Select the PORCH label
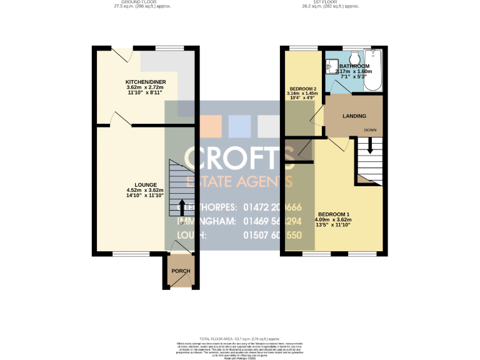pyautogui.click(x=181, y=271)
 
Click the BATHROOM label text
pyautogui.click(x=354, y=66)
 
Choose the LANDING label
pyautogui.click(x=354, y=116)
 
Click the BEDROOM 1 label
pyautogui.click(x=334, y=214)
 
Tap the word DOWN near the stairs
pyautogui.click(x=371, y=130)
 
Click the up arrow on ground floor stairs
pyautogui.click(x=182, y=207)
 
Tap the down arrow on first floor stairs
pyautogui.click(x=370, y=146)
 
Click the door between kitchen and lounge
pyautogui.click(x=120, y=119)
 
